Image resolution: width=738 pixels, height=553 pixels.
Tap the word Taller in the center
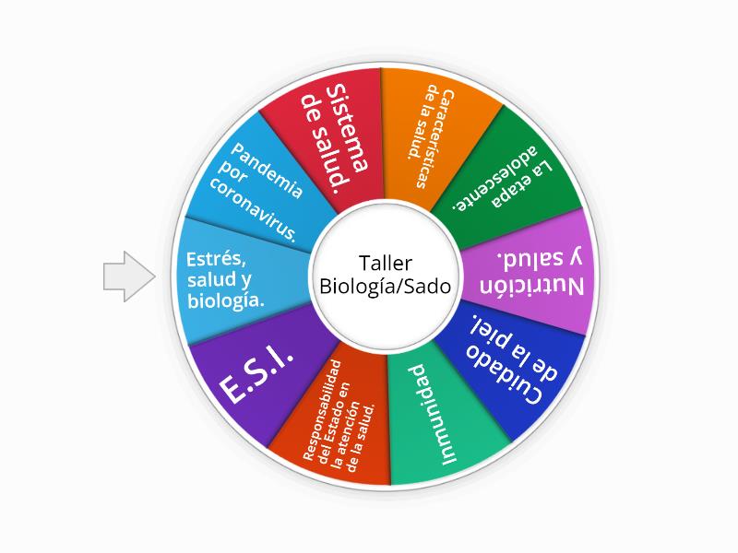(x=385, y=263)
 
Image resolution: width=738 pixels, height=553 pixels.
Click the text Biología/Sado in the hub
(x=385, y=287)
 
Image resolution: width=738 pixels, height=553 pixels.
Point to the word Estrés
(x=215, y=259)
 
